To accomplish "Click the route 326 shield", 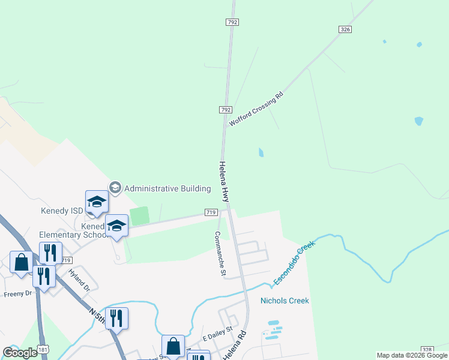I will click(345, 29).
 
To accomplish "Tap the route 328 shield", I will click(427, 350).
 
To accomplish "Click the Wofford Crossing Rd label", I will click(256, 109).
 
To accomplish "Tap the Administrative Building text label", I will click(167, 188).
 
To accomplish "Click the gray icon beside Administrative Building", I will click(115, 188).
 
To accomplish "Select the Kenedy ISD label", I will click(62, 211).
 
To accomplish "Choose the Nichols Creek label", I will click(285, 300).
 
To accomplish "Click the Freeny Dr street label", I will click(17, 294).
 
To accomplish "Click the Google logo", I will click(19, 353).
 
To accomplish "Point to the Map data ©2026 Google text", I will click(411, 355).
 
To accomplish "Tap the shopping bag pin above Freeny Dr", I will click(22, 263).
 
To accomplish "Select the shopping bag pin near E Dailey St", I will click(173, 346).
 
